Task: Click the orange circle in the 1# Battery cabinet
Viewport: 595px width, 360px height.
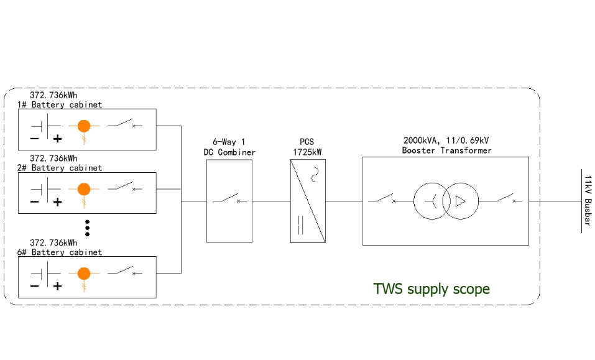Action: click(84, 126)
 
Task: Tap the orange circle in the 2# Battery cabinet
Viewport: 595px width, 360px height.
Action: click(84, 188)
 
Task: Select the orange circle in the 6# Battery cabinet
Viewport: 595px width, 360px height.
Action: click(84, 273)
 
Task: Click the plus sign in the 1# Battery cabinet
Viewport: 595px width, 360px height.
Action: click(57, 139)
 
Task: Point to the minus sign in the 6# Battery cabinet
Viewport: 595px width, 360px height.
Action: click(34, 286)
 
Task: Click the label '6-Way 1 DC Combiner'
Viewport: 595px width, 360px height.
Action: click(229, 147)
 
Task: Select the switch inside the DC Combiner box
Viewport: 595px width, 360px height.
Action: click(229, 200)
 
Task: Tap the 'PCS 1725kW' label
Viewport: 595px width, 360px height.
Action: click(307, 147)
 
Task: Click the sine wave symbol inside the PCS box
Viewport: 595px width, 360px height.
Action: click(315, 173)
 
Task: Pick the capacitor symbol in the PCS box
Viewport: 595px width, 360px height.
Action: click(301, 225)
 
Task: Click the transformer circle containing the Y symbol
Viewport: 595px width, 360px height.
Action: click(431, 201)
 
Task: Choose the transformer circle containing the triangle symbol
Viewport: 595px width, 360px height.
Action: click(462, 201)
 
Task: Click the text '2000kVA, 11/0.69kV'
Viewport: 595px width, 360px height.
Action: click(446, 141)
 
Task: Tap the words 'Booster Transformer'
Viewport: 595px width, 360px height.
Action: click(446, 150)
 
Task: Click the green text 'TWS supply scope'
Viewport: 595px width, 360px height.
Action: click(431, 289)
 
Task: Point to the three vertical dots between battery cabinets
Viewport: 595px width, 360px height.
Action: click(88, 228)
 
